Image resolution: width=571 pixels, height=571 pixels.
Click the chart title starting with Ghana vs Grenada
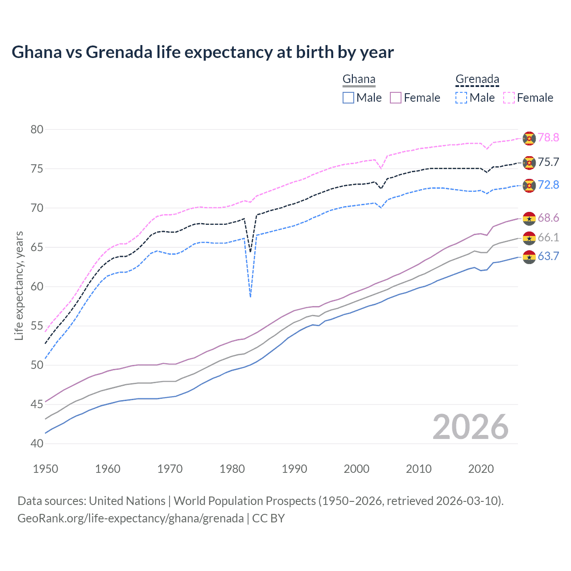(203, 52)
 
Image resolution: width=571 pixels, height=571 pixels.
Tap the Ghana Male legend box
(348, 98)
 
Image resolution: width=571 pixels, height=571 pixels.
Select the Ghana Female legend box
(396, 98)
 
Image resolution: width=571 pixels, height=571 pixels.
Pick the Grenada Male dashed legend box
(461, 98)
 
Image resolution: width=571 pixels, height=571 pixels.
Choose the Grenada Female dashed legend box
(509, 98)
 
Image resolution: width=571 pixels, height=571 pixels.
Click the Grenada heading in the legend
(477, 79)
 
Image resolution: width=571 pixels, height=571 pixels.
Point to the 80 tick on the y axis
(37, 130)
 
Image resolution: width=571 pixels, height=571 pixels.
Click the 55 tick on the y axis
(37, 326)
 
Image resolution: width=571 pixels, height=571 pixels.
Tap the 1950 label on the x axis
(46, 469)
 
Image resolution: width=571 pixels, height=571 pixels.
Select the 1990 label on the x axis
(294, 469)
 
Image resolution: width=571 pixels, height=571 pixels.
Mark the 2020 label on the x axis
(481, 469)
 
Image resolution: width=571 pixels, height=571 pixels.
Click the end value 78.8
(548, 138)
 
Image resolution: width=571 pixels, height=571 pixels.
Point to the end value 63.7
(548, 257)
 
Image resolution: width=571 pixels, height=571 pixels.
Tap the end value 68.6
(548, 218)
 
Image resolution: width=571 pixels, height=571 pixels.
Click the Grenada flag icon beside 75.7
(529, 163)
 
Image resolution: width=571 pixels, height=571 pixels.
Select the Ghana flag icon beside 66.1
(529, 238)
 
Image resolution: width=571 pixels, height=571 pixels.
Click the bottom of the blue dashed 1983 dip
(250, 297)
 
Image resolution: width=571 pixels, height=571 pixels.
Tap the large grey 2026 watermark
(470, 427)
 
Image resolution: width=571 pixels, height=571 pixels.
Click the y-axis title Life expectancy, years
(19, 285)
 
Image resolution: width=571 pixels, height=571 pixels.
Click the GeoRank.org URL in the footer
(130, 518)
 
